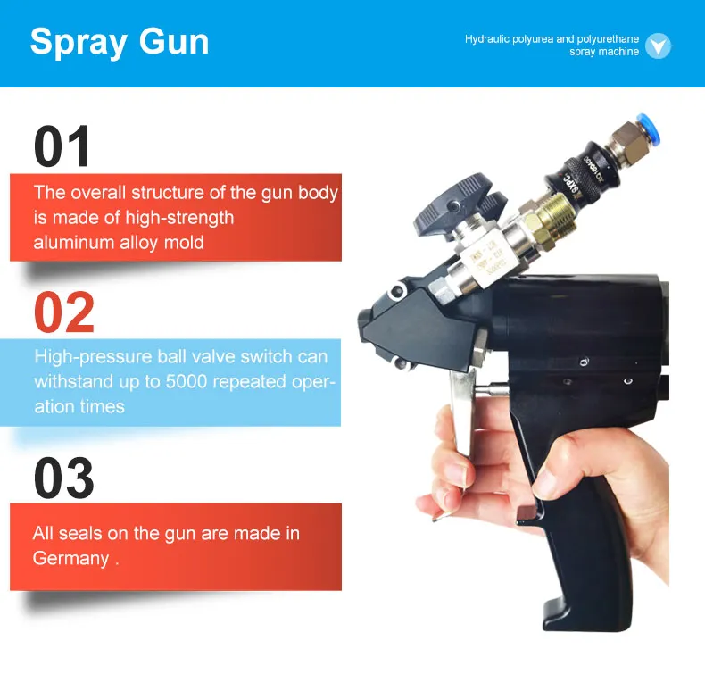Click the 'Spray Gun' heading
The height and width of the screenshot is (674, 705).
point(120,42)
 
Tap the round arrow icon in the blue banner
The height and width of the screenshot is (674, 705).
point(658,46)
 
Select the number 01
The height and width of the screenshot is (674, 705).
point(62,146)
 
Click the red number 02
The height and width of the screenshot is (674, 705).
point(64,312)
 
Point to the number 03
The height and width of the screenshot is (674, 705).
point(64,478)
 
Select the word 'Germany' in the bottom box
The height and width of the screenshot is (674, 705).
point(70,559)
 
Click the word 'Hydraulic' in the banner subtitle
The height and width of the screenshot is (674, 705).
point(487,39)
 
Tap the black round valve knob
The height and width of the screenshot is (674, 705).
point(456,204)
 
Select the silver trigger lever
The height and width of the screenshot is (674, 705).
point(461,412)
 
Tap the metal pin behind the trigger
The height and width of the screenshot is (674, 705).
point(491,388)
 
